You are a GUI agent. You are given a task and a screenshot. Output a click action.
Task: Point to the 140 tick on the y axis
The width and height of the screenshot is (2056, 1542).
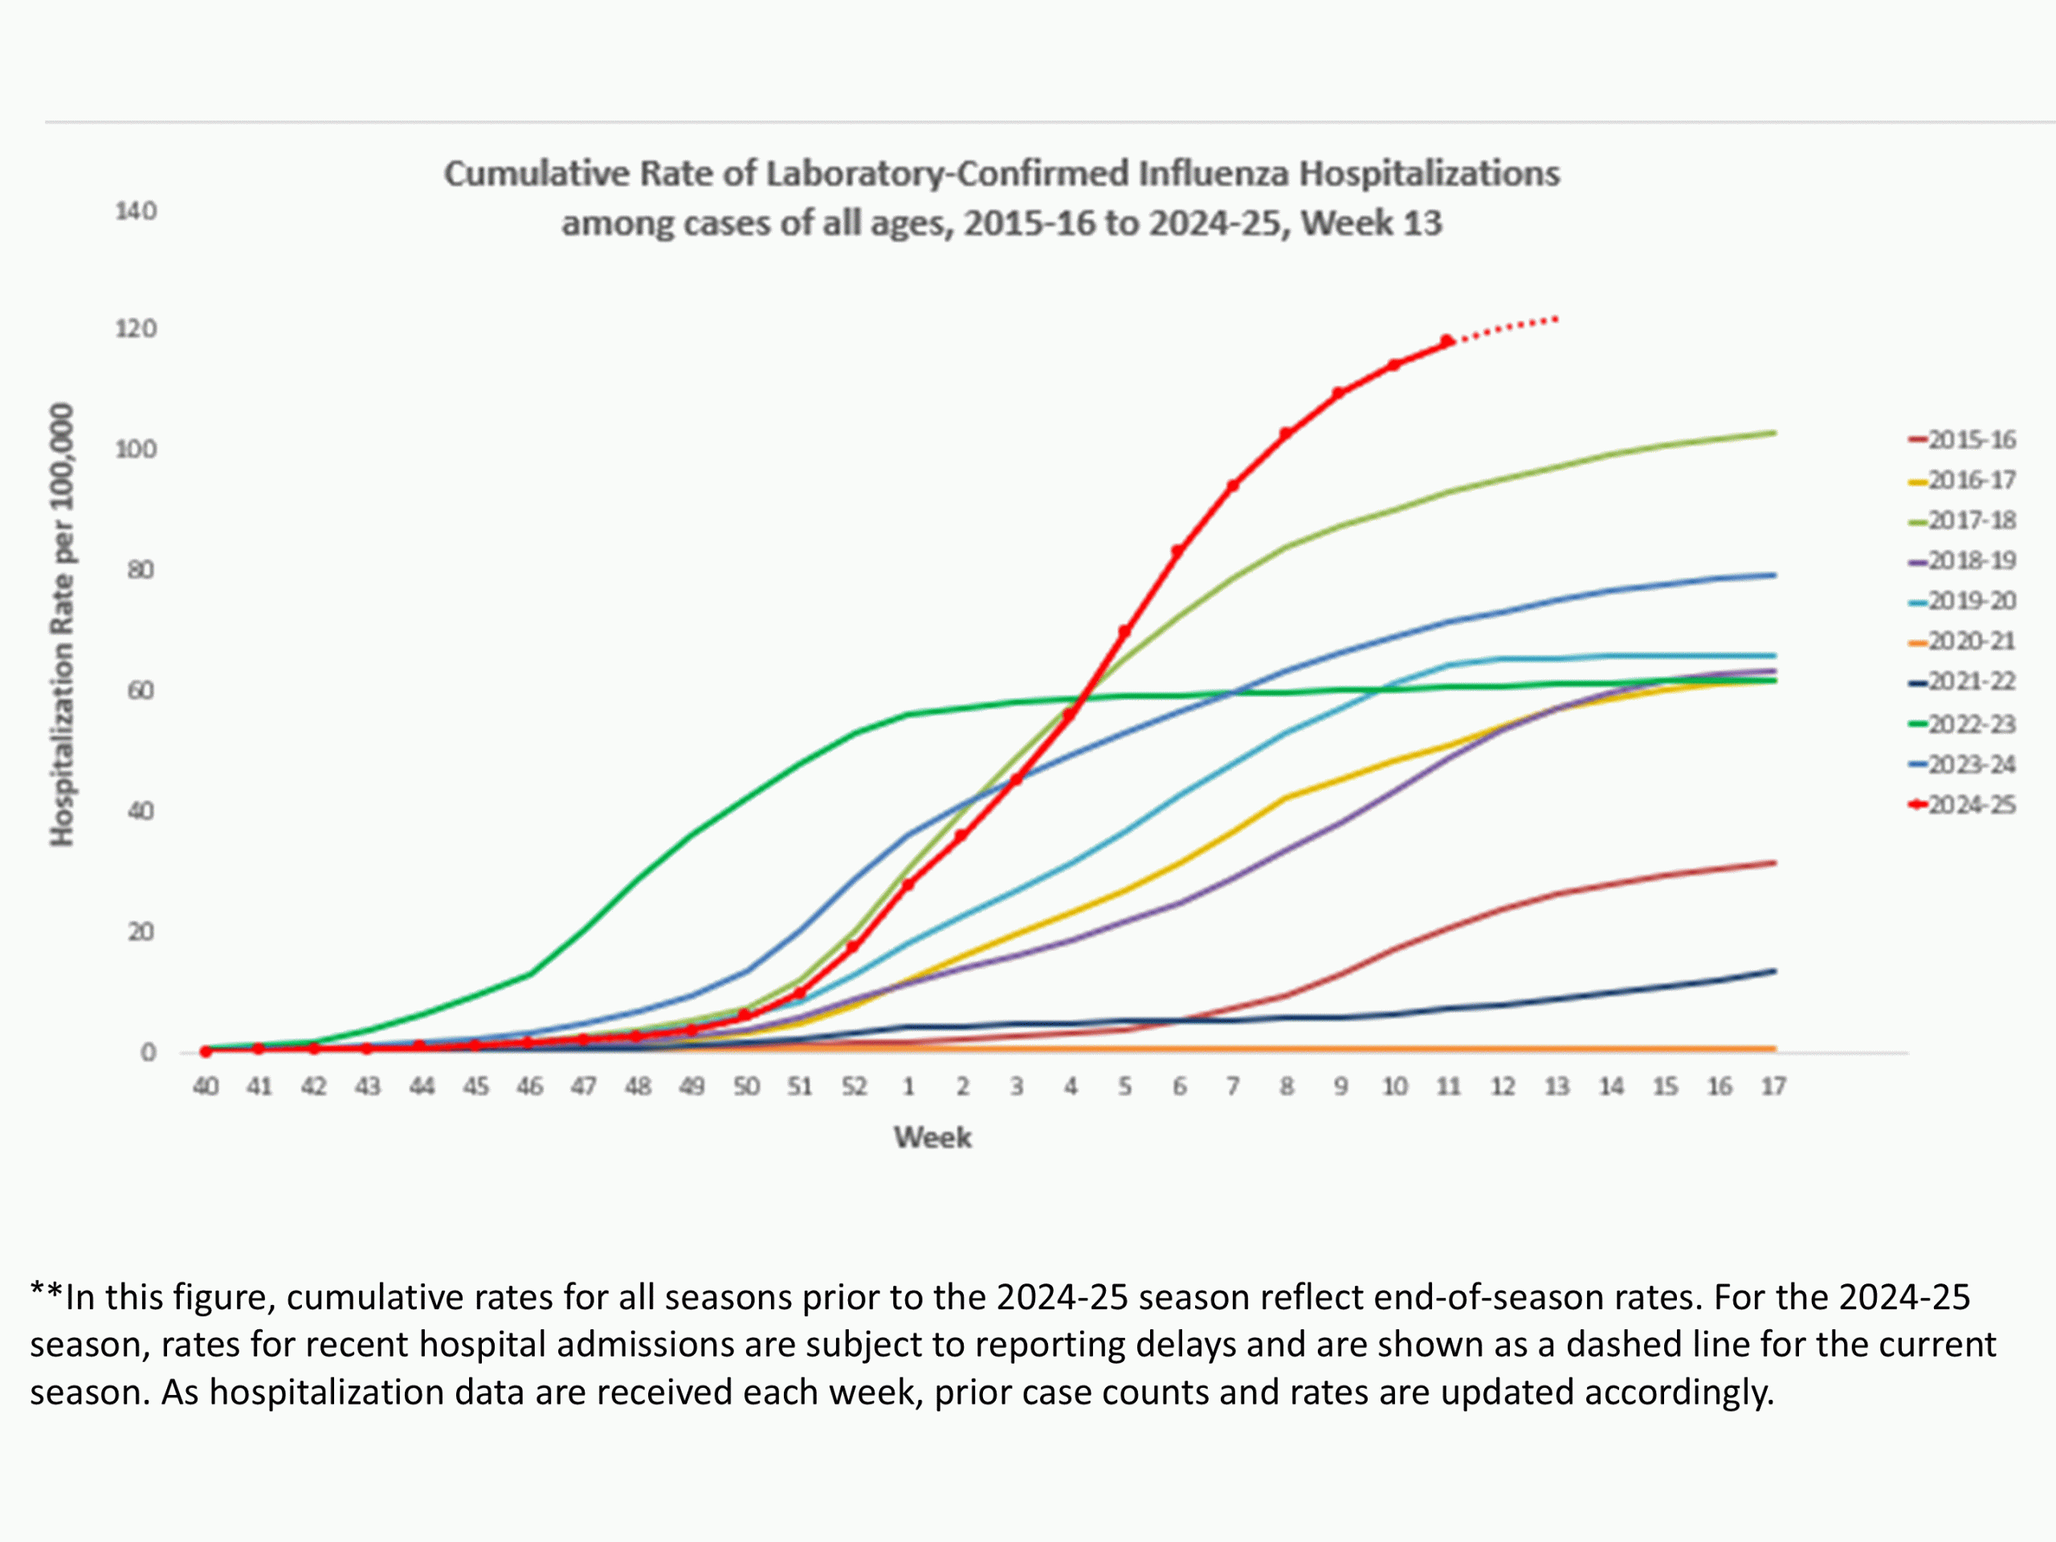[136, 211]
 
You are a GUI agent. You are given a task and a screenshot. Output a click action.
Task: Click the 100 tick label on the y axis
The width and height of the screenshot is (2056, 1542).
[136, 450]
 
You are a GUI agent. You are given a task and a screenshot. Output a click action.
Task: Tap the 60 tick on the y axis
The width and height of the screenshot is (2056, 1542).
[141, 691]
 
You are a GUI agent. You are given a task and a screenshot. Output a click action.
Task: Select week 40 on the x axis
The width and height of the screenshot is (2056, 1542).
[206, 1087]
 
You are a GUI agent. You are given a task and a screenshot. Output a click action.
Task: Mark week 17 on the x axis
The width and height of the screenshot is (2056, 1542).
[1773, 1087]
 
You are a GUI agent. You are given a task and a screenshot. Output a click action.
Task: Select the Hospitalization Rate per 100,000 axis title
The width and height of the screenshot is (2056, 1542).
[61, 625]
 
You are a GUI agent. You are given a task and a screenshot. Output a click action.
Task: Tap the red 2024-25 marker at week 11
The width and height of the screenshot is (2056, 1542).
[1447, 341]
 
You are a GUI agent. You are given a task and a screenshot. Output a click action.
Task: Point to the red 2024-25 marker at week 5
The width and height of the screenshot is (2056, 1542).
[1124, 632]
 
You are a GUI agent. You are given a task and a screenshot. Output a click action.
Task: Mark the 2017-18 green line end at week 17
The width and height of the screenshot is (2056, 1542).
[1773, 432]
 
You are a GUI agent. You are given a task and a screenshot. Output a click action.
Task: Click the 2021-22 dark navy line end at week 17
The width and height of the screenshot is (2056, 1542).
[1773, 971]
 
